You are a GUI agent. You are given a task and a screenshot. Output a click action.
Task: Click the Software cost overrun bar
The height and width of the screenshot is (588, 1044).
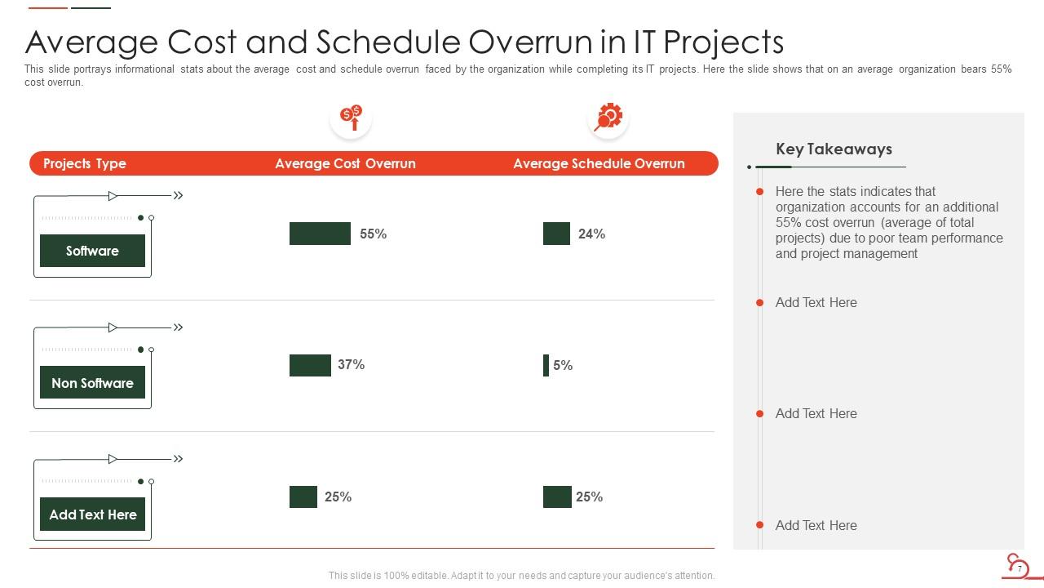click(x=320, y=234)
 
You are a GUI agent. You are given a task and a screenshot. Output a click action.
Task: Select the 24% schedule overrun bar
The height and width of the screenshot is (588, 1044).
click(x=556, y=234)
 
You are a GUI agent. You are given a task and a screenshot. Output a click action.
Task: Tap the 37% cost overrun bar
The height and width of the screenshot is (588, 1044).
click(x=310, y=365)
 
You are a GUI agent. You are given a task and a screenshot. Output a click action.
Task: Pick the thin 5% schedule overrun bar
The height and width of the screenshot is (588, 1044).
click(x=546, y=365)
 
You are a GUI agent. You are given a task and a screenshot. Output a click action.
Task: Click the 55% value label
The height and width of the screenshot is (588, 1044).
click(x=373, y=234)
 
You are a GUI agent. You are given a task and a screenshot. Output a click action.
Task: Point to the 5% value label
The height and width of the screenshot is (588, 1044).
click(x=563, y=365)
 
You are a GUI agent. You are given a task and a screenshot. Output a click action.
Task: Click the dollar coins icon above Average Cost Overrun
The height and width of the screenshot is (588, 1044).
click(x=351, y=118)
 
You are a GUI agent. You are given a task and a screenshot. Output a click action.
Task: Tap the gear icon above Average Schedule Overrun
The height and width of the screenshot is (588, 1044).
click(x=608, y=117)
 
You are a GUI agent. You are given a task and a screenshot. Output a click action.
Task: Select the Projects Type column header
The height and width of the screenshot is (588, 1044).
click(x=84, y=163)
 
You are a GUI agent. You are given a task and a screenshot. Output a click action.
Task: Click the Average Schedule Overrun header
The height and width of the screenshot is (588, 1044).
click(x=599, y=163)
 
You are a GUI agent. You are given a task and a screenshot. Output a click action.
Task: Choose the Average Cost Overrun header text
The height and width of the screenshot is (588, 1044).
click(x=345, y=163)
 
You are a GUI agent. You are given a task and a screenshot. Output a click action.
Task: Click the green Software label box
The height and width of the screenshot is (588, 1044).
click(x=92, y=251)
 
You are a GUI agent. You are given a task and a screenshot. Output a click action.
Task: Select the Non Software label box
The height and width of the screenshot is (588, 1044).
click(x=92, y=382)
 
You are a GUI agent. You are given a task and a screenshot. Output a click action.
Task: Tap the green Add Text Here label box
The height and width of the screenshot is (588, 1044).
click(x=92, y=514)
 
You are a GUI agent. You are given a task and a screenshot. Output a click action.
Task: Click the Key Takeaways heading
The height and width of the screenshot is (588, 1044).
click(x=834, y=149)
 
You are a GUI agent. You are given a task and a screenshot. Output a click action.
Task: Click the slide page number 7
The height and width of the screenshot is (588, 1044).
click(x=1020, y=568)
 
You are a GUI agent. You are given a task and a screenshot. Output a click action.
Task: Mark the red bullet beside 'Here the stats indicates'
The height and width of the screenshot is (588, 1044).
click(x=759, y=192)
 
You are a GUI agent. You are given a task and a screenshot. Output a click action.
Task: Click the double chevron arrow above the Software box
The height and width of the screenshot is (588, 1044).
click(x=178, y=195)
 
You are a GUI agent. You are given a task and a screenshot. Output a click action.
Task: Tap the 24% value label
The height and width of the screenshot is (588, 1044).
click(x=591, y=234)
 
